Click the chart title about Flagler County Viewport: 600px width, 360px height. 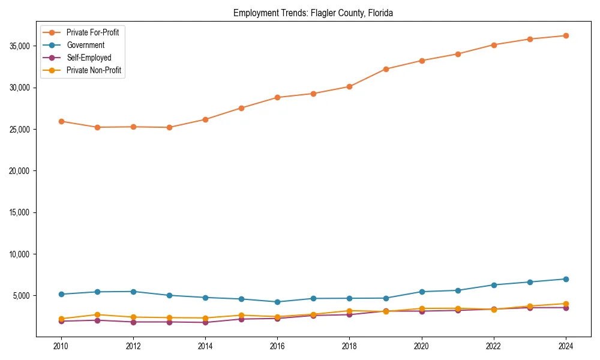point(313,13)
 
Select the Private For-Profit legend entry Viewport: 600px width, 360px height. point(92,32)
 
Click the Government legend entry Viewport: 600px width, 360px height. point(85,45)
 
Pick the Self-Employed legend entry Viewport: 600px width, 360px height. point(89,58)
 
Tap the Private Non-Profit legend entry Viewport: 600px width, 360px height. point(94,70)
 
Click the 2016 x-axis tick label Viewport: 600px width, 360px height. point(277,346)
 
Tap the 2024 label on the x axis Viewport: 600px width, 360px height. point(566,346)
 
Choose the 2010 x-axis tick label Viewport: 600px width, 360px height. point(61,346)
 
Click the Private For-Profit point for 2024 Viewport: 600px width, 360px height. point(566,35)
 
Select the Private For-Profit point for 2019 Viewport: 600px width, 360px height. point(386,69)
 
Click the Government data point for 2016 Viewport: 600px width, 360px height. point(277,302)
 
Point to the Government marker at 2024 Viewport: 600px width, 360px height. point(566,279)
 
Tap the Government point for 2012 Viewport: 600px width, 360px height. point(133,292)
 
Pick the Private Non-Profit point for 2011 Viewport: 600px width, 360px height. point(97,314)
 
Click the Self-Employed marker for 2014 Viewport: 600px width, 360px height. point(205,323)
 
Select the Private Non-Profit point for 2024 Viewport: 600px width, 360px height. point(566,304)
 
